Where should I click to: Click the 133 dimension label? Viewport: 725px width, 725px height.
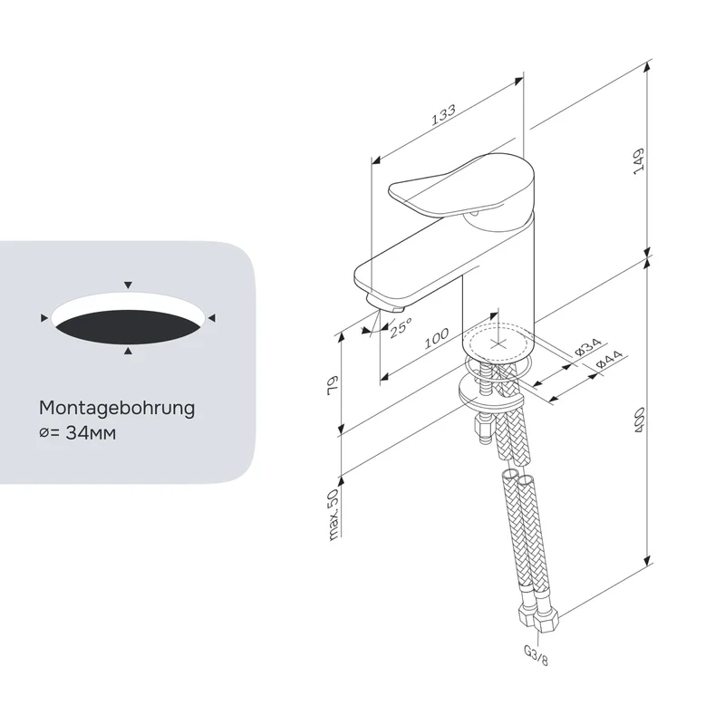(x=443, y=115)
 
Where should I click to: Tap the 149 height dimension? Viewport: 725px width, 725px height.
(x=639, y=161)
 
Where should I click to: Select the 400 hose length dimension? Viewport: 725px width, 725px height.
(x=640, y=420)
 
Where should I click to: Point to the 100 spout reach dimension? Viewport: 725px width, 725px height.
(x=437, y=338)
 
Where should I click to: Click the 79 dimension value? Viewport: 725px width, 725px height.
(x=333, y=385)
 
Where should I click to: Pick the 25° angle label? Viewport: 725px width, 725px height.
(x=401, y=328)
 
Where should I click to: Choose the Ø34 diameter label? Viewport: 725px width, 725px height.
(x=588, y=347)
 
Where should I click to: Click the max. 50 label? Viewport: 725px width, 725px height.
(x=333, y=514)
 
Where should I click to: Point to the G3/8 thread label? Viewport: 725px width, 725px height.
(x=536, y=655)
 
